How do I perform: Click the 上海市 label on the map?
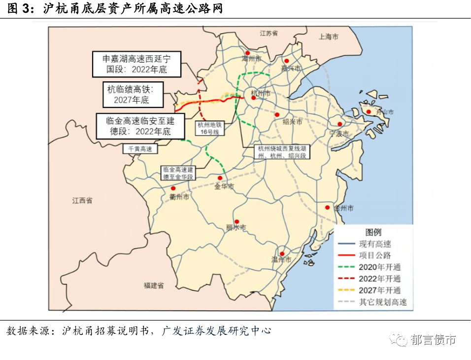[329, 36]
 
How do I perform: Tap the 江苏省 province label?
[269, 33]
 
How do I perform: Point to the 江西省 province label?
[82, 201]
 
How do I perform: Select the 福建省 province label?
[154, 286]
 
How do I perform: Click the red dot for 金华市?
[220, 178]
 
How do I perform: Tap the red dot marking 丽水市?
[237, 221]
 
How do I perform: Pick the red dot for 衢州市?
[173, 188]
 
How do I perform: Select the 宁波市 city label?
[339, 134]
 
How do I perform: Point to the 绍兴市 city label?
[292, 121]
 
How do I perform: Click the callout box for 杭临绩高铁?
[133, 95]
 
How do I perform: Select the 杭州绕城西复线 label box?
[282, 152]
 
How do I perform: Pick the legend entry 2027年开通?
[380, 290]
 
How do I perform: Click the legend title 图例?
[373, 232]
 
